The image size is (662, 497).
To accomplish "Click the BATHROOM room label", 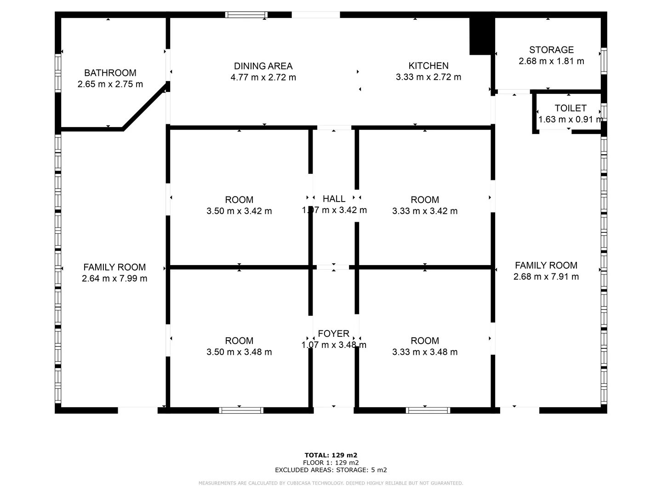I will [110, 73].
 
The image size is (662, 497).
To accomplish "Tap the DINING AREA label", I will [263, 66].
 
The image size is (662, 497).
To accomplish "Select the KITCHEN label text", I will [428, 66].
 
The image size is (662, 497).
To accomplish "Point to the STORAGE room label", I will [551, 50].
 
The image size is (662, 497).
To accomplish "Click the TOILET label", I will [571, 108].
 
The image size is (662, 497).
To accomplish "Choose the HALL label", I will [334, 199].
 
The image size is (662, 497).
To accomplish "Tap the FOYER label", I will [334, 334].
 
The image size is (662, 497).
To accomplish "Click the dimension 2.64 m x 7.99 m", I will [114, 278].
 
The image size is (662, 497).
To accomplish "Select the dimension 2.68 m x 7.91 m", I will [546, 277].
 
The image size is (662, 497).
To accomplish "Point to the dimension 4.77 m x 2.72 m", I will [263, 77].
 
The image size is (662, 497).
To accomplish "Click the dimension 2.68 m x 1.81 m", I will [551, 61].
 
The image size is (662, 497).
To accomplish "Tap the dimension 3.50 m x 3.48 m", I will [239, 352].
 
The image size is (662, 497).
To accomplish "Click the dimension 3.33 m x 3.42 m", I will [425, 211].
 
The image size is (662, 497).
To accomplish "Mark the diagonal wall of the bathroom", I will [143, 107].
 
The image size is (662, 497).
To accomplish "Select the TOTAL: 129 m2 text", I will [331, 455].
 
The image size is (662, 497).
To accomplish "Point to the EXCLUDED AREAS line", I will [331, 470].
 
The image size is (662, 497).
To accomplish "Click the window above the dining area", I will [246, 15].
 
